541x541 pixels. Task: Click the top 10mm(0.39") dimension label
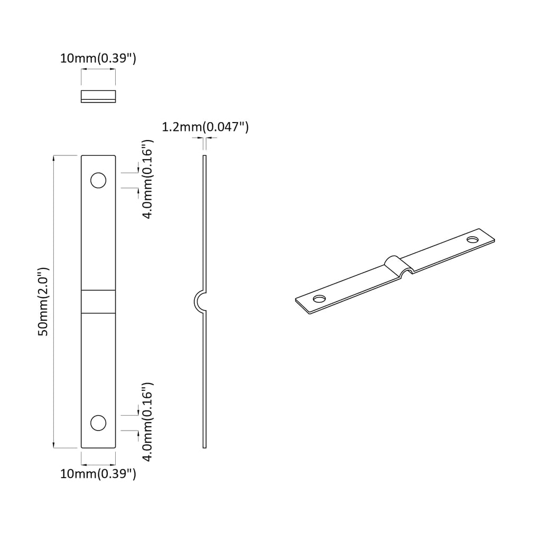[98, 59]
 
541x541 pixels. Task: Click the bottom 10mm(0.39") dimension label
[98, 474]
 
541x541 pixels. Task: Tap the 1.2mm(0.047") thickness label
[205, 127]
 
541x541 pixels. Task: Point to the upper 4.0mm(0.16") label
[148, 180]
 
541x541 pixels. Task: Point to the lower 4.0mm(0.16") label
[148, 422]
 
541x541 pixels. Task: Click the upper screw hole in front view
[98, 180]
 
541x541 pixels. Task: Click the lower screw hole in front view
[98, 423]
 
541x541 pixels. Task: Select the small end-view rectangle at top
[98, 96]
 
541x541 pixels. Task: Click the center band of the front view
[98, 302]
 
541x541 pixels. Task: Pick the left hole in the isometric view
[319, 299]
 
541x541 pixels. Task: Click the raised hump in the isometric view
[395, 263]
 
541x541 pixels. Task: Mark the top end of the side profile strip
[205, 157]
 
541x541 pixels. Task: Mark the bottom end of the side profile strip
[205, 446]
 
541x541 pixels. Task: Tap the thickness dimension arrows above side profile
[205, 138]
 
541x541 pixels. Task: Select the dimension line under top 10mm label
[98, 70]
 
